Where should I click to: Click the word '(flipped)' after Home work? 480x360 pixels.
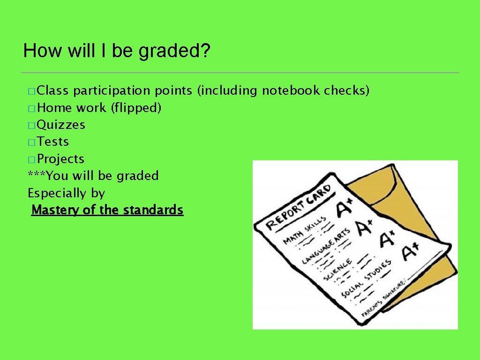click(x=136, y=108)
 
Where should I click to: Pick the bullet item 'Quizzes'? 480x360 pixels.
click(x=61, y=125)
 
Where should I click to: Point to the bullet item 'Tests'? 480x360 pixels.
click(x=53, y=142)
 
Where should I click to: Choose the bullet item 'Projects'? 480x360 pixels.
click(x=60, y=159)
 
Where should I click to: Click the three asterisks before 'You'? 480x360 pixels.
click(x=37, y=176)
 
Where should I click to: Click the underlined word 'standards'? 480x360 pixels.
click(x=153, y=210)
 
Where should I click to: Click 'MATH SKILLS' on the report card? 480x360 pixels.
click(x=305, y=232)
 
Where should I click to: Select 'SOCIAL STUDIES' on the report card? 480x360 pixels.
click(x=366, y=278)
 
